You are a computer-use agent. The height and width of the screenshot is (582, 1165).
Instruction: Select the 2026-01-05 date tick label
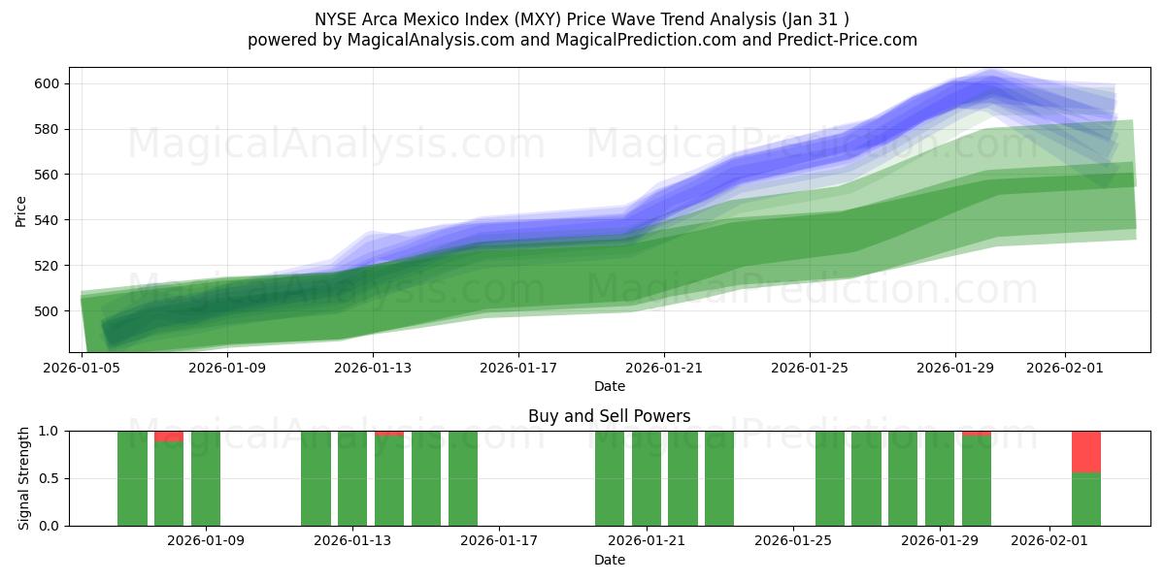click(82, 368)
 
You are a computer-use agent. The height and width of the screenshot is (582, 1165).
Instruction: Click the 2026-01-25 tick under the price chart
click(810, 368)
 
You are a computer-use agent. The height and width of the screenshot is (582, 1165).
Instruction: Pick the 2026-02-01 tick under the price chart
click(1064, 368)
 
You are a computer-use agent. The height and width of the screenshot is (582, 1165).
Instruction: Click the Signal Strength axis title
click(25, 478)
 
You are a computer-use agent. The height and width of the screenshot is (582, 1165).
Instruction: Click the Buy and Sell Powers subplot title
click(609, 416)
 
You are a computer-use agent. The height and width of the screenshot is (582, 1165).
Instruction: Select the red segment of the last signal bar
click(1086, 451)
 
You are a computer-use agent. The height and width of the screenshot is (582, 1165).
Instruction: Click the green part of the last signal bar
click(1086, 500)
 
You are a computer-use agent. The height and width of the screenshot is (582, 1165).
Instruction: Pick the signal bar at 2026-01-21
click(647, 478)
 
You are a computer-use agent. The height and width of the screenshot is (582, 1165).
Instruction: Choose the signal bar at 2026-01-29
click(940, 478)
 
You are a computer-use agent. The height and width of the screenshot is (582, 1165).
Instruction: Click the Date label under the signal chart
click(609, 560)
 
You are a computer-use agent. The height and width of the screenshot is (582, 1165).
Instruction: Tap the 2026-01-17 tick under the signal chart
click(499, 540)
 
